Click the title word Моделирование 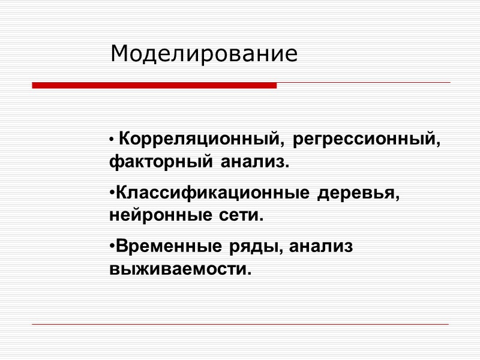204,54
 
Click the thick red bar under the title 154,86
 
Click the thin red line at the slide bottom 240,325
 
